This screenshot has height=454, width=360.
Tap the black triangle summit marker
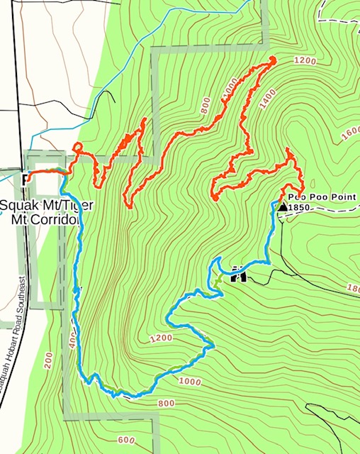click(282, 206)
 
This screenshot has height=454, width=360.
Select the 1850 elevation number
click(301, 207)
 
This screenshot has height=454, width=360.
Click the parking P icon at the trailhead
click(26, 177)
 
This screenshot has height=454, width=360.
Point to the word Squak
click(16, 206)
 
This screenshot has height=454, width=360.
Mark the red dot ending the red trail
click(271, 60)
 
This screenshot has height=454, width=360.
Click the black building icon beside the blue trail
click(238, 274)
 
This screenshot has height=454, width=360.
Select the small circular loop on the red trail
click(77, 148)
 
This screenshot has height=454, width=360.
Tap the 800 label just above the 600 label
click(166, 404)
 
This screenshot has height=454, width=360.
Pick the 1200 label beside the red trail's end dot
click(303, 62)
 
